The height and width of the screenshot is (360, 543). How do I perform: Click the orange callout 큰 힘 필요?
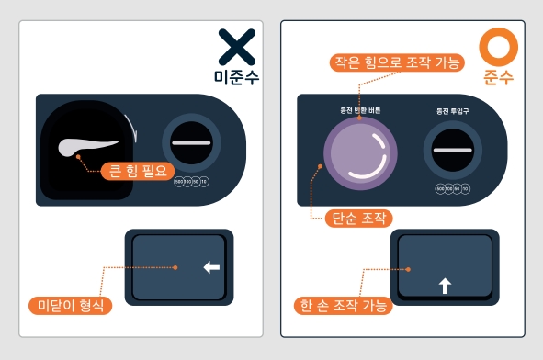(x=133, y=170)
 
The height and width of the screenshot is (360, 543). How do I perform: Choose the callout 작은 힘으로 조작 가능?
(x=398, y=63)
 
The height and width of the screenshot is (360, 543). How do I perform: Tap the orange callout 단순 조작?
(x=358, y=218)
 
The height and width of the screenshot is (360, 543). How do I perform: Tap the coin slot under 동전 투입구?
(x=453, y=149)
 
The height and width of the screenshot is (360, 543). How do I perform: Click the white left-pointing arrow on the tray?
(x=211, y=267)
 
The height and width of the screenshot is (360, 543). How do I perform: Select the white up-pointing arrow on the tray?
(x=446, y=286)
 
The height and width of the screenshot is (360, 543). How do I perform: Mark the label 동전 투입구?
(x=453, y=111)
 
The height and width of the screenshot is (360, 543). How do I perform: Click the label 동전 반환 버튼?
(x=360, y=111)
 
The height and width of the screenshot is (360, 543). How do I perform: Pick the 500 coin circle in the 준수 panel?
(x=440, y=188)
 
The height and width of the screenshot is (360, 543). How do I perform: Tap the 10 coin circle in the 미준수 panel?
(x=204, y=182)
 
